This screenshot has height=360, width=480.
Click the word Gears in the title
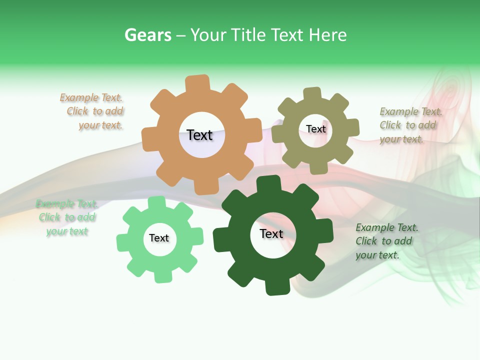coord(148,35)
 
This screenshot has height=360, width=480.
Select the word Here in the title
coord(327,35)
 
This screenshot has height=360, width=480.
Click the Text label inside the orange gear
coord(199,135)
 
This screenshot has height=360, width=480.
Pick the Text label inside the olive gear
coord(315,129)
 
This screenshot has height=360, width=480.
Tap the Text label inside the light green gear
coord(159,238)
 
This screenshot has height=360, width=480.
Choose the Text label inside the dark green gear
coord(271,233)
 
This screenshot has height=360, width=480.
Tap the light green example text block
coord(66,217)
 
